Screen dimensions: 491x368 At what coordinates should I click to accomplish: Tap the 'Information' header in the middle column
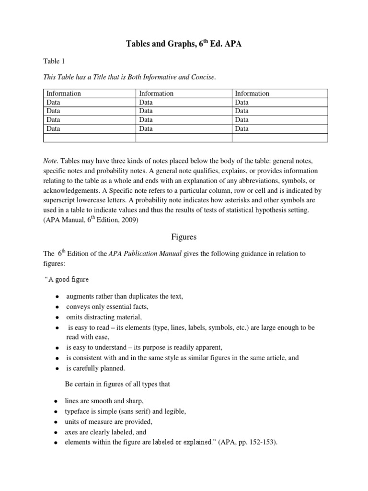pos(156,94)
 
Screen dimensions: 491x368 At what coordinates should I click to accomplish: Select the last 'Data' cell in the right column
pos(242,129)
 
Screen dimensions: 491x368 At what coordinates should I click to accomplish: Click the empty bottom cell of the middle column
pos(184,138)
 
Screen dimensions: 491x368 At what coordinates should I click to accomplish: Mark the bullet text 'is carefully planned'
pos(95,368)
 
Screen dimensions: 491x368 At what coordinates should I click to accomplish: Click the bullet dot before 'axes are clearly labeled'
pos(57,433)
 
